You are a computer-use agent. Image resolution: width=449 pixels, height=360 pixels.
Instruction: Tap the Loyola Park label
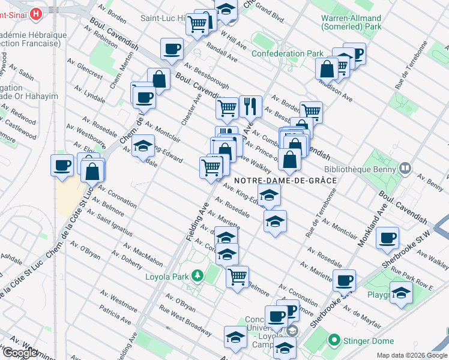pyautogui.click(x=167, y=277)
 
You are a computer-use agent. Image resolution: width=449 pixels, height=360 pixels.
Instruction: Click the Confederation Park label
pyautogui.click(x=287, y=53)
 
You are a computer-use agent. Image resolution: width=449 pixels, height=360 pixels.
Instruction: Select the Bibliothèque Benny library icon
pyautogui.click(x=405, y=169)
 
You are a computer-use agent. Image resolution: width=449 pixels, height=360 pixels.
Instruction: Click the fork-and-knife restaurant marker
pyautogui.click(x=250, y=106)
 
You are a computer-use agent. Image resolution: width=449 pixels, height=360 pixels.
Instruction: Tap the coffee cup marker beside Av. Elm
pyautogui.click(x=61, y=166)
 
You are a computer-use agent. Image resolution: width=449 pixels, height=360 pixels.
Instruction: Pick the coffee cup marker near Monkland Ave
pyautogui.click(x=387, y=237)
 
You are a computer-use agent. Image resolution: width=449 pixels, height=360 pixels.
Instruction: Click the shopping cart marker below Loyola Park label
pyautogui.click(x=238, y=277)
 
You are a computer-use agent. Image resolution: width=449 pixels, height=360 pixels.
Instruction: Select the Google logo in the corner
pyautogui.click(x=20, y=353)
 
